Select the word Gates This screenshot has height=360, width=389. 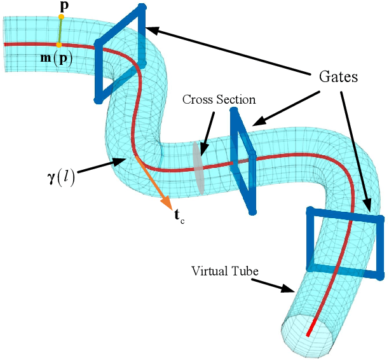point(338,78)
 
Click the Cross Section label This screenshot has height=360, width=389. point(219,100)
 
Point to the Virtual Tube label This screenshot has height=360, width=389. point(225,271)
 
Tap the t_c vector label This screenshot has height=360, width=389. point(179,216)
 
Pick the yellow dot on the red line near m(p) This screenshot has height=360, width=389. point(59,45)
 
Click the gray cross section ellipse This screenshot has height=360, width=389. point(198,167)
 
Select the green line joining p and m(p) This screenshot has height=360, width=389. point(60,31)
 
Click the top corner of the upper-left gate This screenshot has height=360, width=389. point(142,7)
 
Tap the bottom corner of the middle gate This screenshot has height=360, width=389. point(252,212)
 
